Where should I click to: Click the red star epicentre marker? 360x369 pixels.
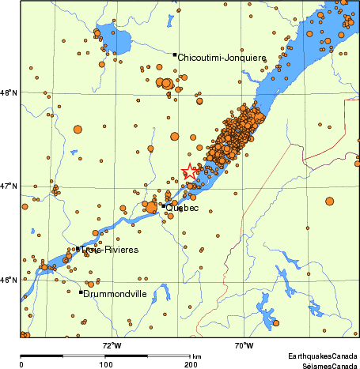coord(191,171)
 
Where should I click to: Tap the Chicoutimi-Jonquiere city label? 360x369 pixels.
coord(222,57)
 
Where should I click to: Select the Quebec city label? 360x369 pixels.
coord(183,209)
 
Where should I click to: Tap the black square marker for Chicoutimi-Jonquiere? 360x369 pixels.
coord(175,55)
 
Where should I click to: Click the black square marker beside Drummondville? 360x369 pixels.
coord(81,292)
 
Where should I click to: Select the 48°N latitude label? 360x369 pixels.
coord(9,93)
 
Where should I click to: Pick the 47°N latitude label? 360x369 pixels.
coord(9,186)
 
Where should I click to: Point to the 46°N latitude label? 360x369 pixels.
coord(9,280)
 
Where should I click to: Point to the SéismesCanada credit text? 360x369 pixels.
coord(324,366)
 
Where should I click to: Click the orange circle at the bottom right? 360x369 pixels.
coord(276,322)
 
